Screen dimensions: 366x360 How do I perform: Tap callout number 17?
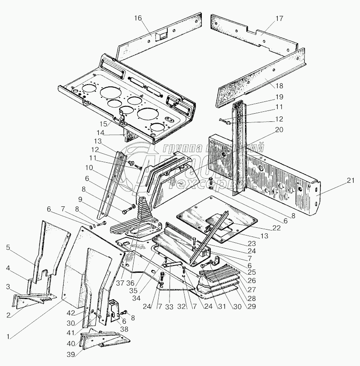pos(279,19)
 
